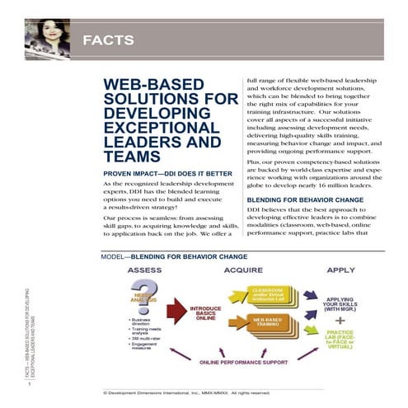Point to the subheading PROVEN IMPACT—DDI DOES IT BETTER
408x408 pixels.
click(x=159, y=173)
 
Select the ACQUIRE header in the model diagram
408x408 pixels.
click(x=242, y=270)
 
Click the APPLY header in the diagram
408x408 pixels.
click(x=341, y=270)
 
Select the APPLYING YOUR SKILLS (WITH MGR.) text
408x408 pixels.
click(x=340, y=303)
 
